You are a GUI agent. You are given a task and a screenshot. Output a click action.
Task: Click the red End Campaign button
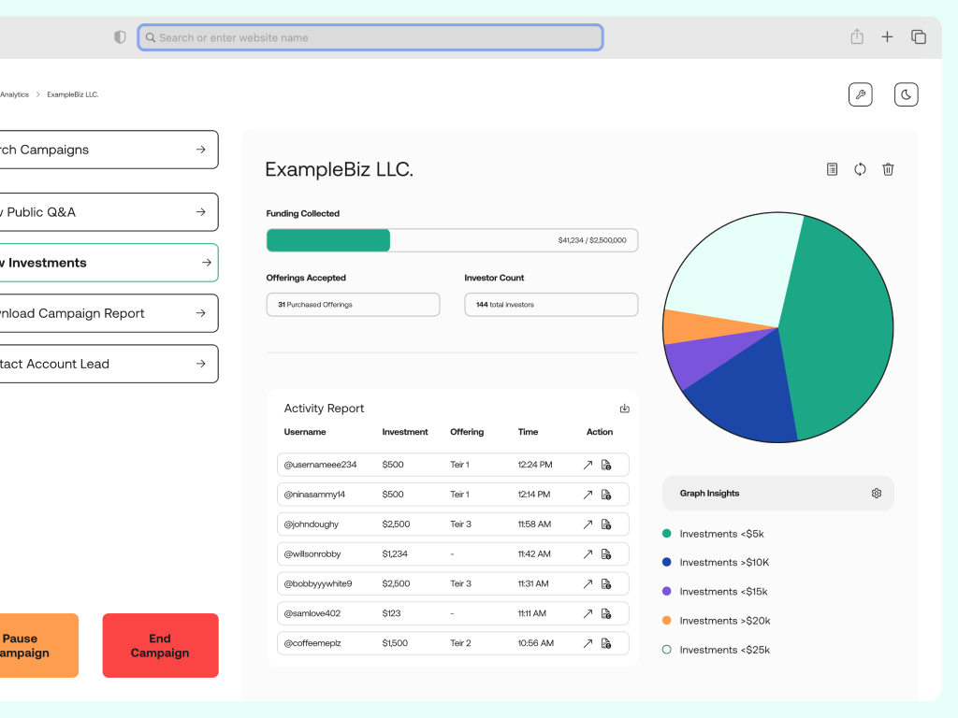coord(160,645)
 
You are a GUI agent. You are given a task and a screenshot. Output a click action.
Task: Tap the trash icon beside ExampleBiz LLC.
coord(888,169)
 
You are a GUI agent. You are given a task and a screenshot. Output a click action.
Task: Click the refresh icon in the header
coord(860,169)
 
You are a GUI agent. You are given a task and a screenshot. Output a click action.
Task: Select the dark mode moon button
coord(906,94)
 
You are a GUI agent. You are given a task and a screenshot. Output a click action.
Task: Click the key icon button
coord(860,94)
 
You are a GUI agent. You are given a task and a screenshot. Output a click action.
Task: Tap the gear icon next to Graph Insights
coord(877,494)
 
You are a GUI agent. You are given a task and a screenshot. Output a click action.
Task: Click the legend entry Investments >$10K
coord(724,563)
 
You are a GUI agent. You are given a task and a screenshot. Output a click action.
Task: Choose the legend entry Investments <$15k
coord(723,592)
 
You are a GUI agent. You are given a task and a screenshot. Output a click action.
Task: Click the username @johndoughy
coord(312,524)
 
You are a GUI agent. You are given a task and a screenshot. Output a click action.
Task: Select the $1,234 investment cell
coord(395,554)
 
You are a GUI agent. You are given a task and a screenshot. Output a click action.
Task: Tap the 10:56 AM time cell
coord(535,643)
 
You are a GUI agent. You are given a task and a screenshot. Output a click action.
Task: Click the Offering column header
coord(467,432)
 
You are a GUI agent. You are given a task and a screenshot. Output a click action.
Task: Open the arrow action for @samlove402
coord(588,614)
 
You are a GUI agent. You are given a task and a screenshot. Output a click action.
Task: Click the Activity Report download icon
coord(625,409)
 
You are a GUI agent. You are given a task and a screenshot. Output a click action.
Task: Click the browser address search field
coord(370,37)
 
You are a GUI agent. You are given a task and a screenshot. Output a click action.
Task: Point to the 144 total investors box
coord(551,305)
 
